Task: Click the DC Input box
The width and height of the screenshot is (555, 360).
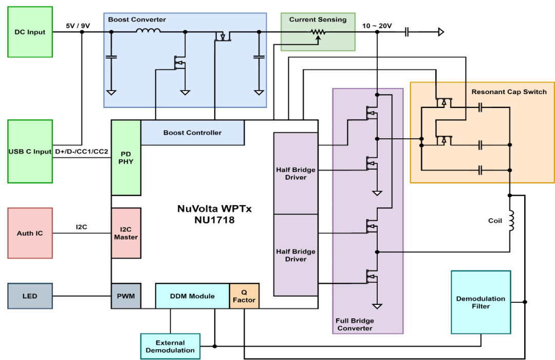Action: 30,32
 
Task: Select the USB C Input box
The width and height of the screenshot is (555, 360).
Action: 30,151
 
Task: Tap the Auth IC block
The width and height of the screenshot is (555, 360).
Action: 30,233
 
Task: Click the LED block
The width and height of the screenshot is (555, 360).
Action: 30,296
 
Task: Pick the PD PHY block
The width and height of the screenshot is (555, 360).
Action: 126,158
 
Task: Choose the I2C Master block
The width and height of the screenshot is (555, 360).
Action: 126,233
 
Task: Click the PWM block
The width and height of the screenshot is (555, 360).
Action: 126,296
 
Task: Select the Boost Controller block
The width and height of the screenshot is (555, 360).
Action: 193,133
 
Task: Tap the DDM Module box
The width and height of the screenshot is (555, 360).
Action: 193,296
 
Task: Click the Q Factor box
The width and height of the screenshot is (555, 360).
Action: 244,296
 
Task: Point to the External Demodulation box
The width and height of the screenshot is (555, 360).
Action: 170,346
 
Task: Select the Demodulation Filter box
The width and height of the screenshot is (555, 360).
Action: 480,302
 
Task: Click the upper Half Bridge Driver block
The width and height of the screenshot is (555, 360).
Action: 296,173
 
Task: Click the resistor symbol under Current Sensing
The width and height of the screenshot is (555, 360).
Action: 318,32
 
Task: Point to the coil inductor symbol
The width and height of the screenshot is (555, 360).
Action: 511,221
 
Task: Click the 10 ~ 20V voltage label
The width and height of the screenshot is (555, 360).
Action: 377,26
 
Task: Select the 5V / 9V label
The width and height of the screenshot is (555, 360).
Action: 78,26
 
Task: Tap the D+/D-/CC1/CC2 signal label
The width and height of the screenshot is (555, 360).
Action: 81,152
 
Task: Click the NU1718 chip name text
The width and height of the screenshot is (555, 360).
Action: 214,220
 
